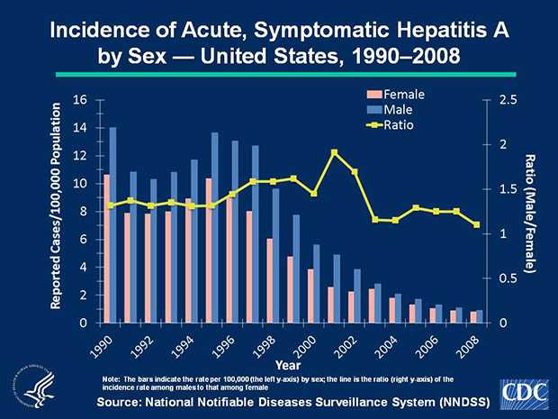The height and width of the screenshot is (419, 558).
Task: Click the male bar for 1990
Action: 112,225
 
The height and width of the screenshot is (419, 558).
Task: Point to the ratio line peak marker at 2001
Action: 335,152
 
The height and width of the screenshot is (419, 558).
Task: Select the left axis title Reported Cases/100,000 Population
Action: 56,207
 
